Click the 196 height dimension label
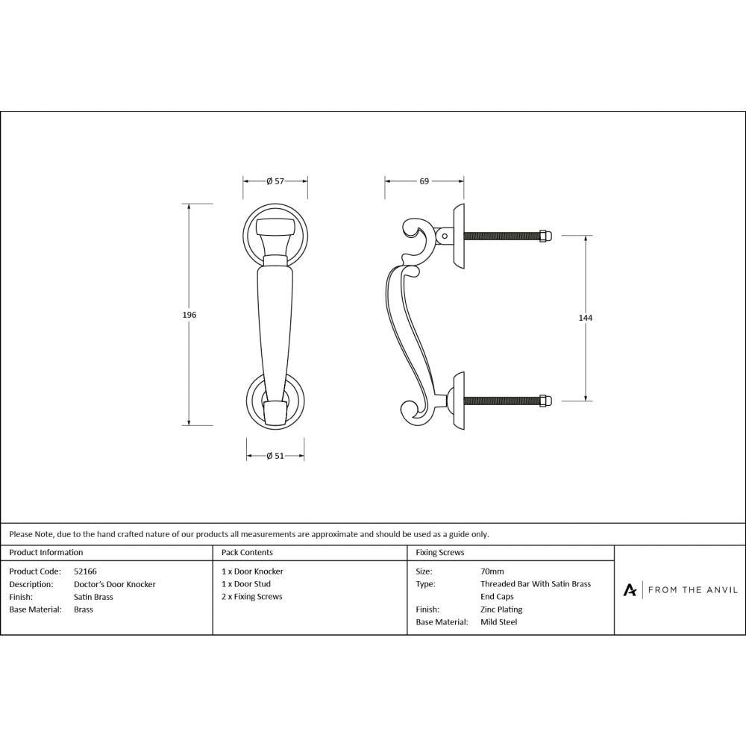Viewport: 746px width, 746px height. click(189, 316)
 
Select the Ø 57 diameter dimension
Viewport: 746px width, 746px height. click(275, 181)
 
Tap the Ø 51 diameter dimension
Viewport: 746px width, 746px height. click(275, 457)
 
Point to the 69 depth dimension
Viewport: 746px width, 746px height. click(424, 181)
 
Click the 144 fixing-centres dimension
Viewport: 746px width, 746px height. click(585, 318)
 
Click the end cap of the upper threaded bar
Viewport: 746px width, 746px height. click(546, 236)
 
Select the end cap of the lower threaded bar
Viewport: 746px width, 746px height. click(546, 401)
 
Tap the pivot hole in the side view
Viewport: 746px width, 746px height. click(445, 236)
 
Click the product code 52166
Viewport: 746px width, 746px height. click(85, 571)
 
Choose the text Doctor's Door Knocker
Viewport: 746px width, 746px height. click(115, 584)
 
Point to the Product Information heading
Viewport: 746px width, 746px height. click(46, 553)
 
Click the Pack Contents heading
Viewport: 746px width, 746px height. click(247, 553)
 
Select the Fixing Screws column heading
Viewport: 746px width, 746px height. click(440, 553)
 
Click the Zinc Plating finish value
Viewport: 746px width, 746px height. click(501, 609)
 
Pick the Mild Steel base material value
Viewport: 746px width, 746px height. click(498, 622)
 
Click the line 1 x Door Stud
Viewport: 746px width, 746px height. click(246, 584)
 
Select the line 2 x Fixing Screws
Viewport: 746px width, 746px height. click(252, 597)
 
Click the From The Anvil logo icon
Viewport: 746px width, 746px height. click(630, 590)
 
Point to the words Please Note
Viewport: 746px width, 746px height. click(31, 534)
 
